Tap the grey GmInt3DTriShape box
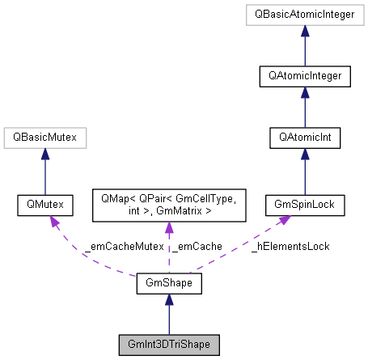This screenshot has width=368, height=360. tap(168, 345)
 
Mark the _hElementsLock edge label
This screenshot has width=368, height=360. tap(290, 248)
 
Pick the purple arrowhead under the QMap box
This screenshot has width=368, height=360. tap(168, 229)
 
